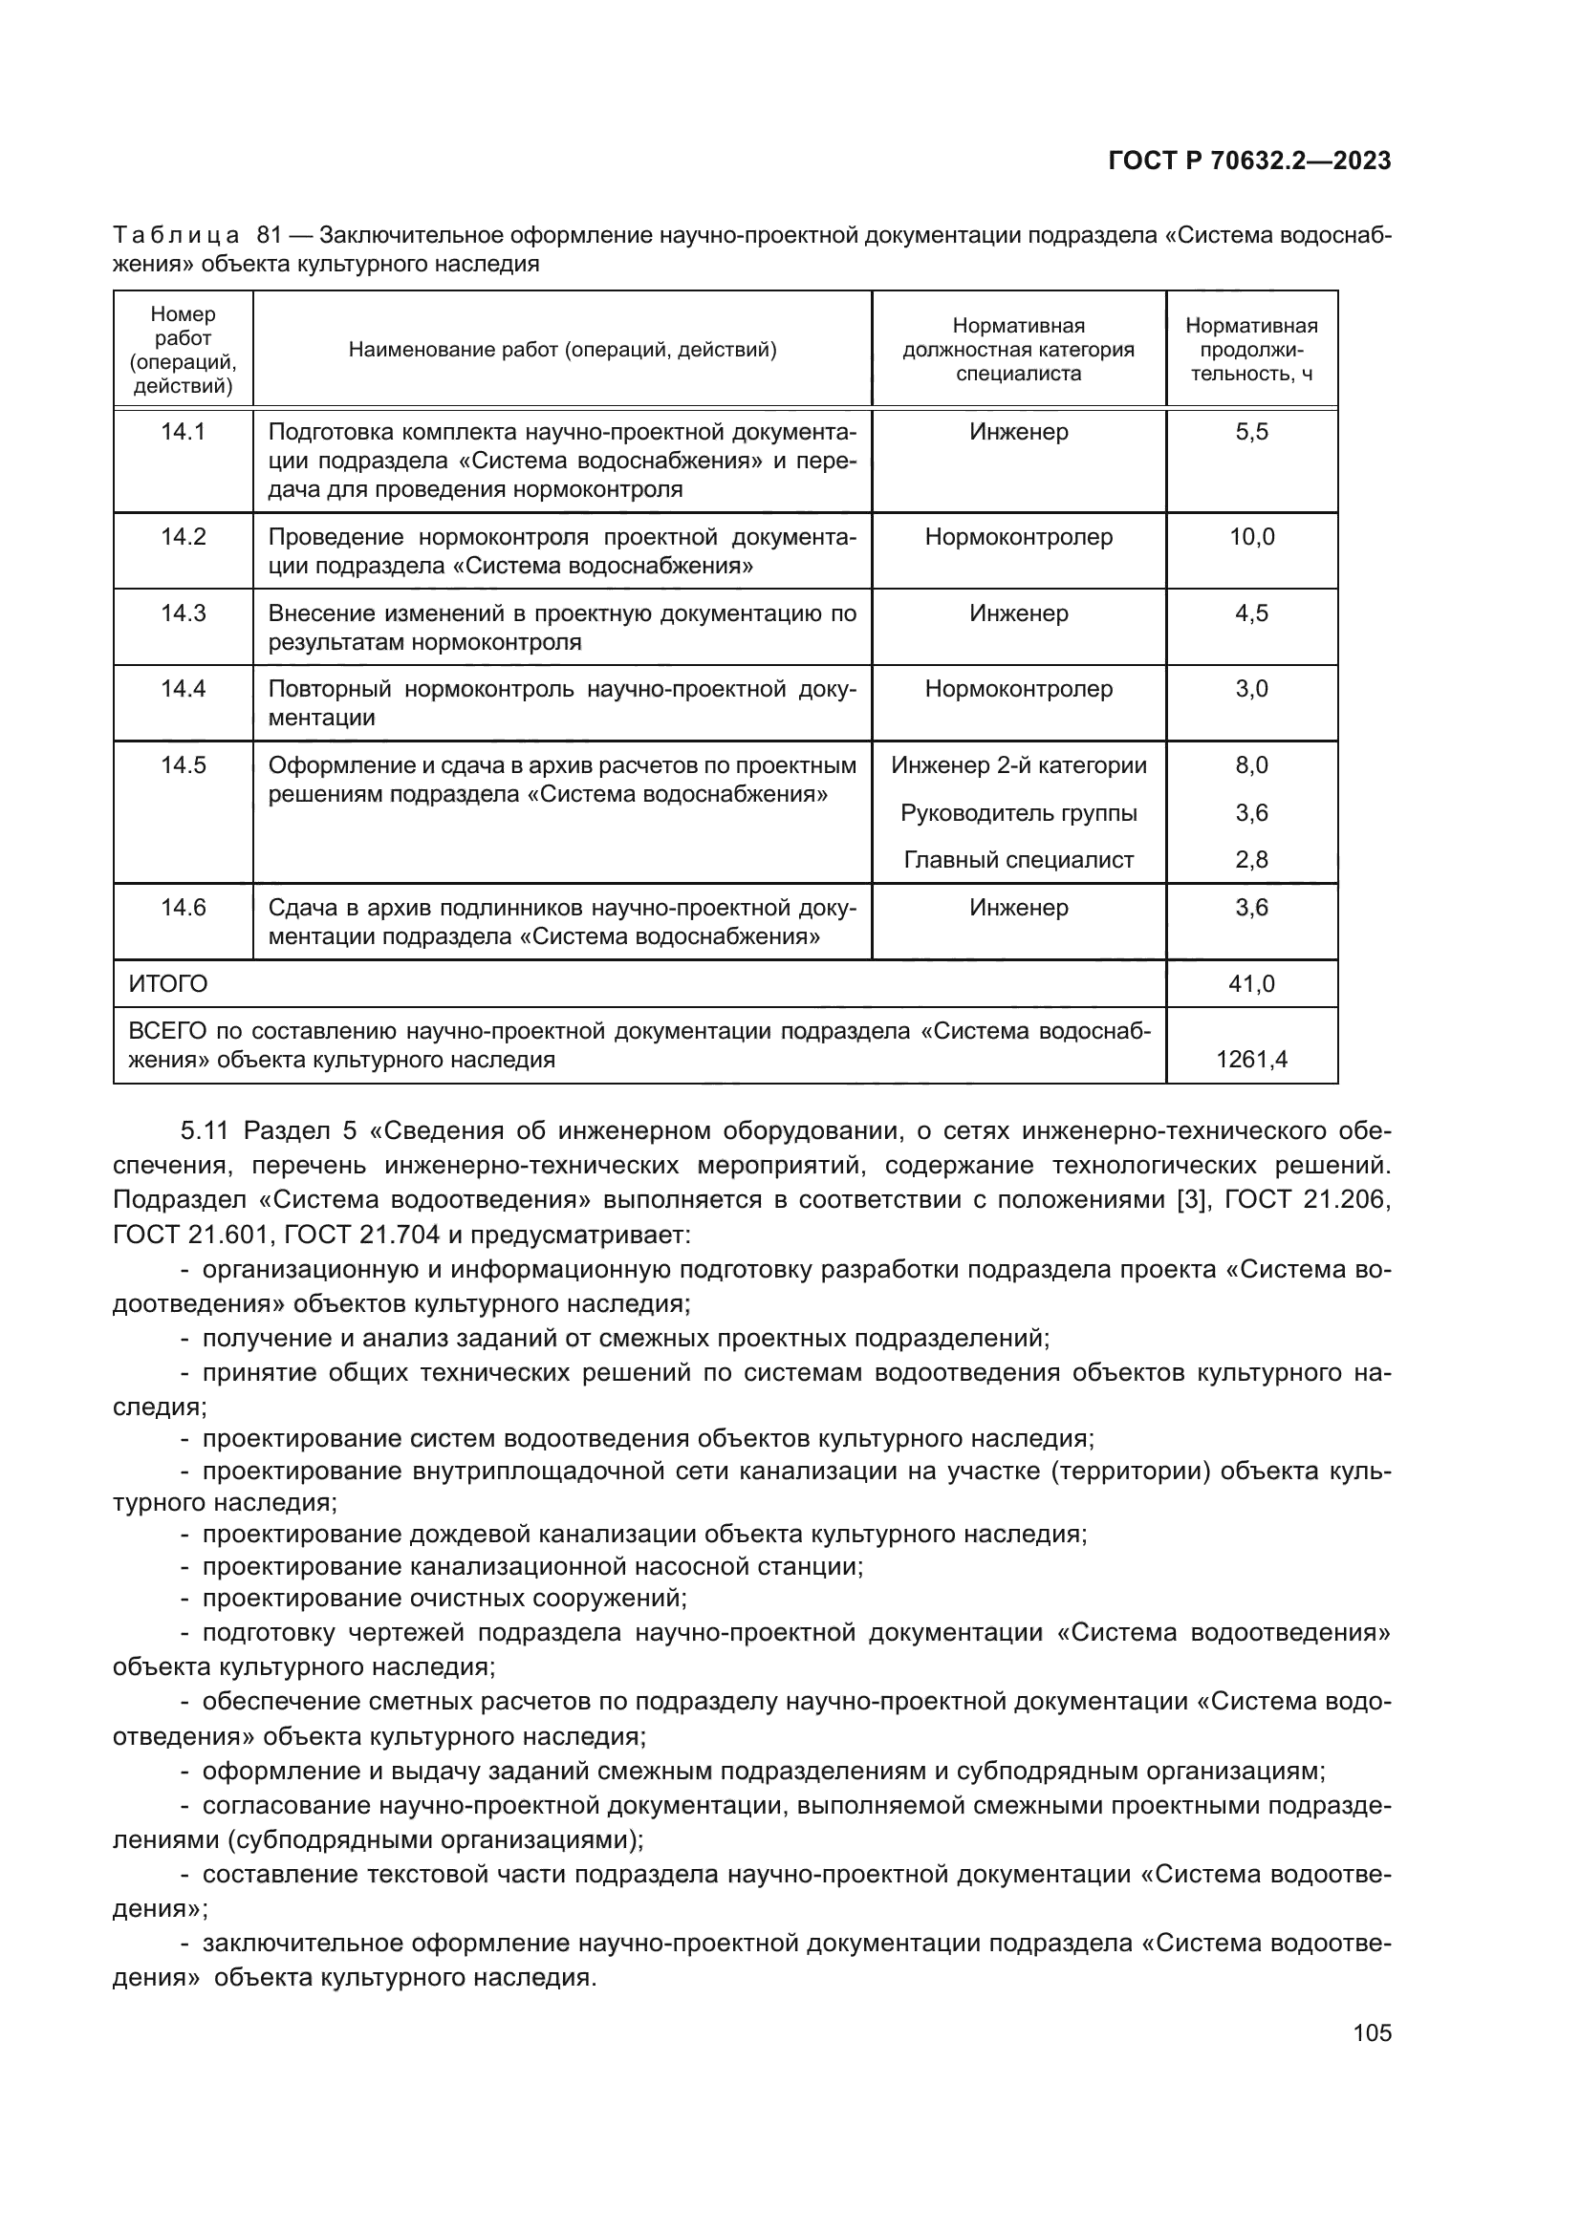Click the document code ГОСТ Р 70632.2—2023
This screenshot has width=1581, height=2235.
[x=1249, y=161]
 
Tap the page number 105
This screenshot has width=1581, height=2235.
[x=1372, y=2032]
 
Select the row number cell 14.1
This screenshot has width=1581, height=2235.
[x=183, y=431]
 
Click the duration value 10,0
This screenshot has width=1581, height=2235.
[x=1251, y=536]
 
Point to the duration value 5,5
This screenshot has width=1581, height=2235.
[x=1251, y=431]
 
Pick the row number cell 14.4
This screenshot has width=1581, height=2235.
[x=183, y=688]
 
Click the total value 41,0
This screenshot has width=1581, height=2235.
[x=1251, y=983]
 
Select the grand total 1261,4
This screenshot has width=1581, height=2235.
[x=1251, y=1059]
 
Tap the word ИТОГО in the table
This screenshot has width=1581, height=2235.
[x=168, y=983]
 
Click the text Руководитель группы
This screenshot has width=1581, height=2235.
[x=1018, y=812]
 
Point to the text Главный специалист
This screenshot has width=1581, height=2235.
[x=1018, y=860]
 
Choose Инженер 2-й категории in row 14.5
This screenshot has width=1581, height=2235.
[x=1018, y=765]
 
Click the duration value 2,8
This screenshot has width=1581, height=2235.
[x=1251, y=860]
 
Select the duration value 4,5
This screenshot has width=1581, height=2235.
[x=1251, y=613]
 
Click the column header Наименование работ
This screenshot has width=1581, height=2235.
[x=562, y=350]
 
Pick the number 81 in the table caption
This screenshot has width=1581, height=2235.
[x=269, y=236]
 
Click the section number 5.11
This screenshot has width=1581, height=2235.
[x=205, y=1130]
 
